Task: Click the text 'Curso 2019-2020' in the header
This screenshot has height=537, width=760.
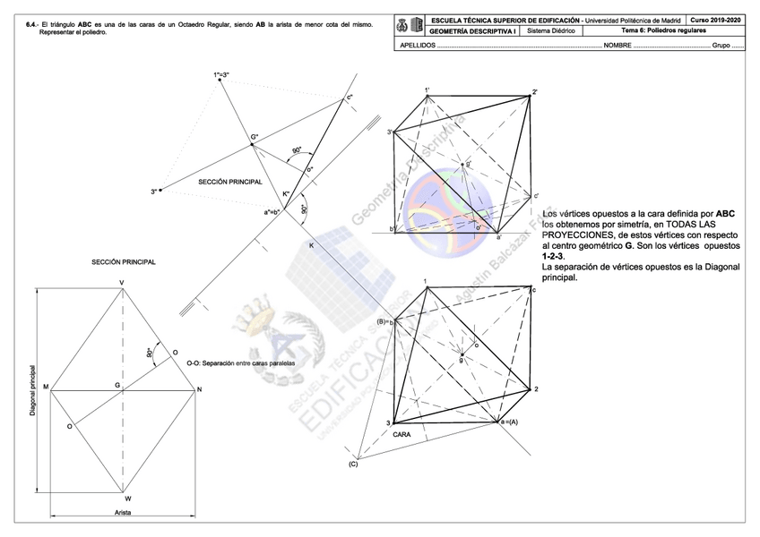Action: [x=716, y=19]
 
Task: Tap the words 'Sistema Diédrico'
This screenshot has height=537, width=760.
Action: [x=552, y=30]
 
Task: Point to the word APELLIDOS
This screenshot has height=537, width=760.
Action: [x=418, y=44]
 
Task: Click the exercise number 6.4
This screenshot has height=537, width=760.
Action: [x=32, y=19]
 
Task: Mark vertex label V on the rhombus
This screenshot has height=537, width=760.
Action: [x=122, y=284]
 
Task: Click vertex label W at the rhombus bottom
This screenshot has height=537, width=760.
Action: [x=127, y=499]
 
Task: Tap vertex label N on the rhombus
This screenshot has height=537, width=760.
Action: [x=199, y=389]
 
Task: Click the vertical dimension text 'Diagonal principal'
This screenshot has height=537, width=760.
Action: [x=33, y=390]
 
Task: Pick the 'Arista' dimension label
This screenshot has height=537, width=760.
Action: [x=123, y=513]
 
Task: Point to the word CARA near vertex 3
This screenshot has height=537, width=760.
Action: [x=402, y=434]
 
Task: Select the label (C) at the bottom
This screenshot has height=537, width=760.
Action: [x=353, y=463]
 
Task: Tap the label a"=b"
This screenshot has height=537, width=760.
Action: [x=272, y=212]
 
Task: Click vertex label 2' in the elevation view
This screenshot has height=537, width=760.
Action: [x=534, y=92]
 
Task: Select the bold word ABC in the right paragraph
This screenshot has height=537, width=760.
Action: [x=725, y=213]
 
